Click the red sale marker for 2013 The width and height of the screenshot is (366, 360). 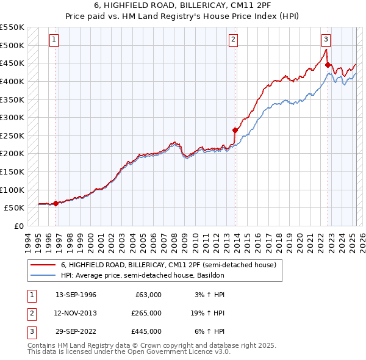[x=235, y=130]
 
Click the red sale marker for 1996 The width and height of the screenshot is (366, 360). [x=56, y=203]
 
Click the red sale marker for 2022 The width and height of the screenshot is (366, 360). [x=328, y=65]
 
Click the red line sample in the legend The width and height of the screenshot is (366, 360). [x=42, y=265]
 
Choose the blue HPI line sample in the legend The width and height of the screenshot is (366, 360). [x=42, y=275]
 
